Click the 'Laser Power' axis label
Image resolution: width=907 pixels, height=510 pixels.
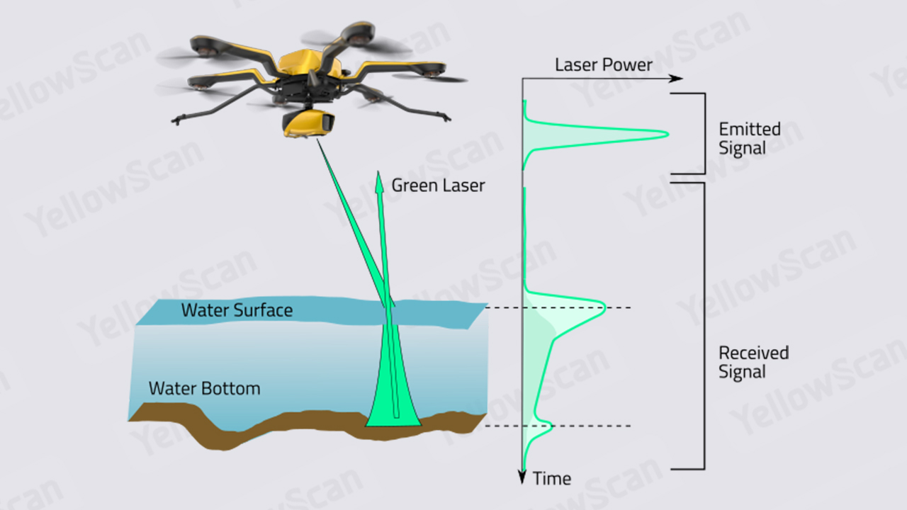603,64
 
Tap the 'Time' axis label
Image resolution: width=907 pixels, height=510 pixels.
552,479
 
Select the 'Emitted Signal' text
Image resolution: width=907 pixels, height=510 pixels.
750,138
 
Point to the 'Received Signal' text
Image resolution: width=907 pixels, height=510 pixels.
753,362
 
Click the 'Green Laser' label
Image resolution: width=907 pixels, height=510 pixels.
438,186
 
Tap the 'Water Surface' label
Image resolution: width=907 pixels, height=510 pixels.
237,310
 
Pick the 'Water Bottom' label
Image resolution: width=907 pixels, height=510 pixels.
205,389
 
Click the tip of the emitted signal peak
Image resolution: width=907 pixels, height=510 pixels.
667,134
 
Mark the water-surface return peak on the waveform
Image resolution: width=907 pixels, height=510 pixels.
605,307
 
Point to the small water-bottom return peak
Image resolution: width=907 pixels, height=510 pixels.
551,426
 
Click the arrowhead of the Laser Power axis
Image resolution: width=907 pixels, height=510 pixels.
676,78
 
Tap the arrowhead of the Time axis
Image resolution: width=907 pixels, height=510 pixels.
522,477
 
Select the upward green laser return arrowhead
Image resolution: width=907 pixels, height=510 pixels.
379,182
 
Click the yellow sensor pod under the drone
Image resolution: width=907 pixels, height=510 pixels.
308,123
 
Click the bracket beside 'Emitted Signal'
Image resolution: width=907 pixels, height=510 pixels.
705,134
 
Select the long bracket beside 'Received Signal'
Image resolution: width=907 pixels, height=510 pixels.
704,326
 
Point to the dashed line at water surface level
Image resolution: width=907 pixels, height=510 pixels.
558,307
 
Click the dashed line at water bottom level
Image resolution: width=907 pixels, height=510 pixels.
558,426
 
